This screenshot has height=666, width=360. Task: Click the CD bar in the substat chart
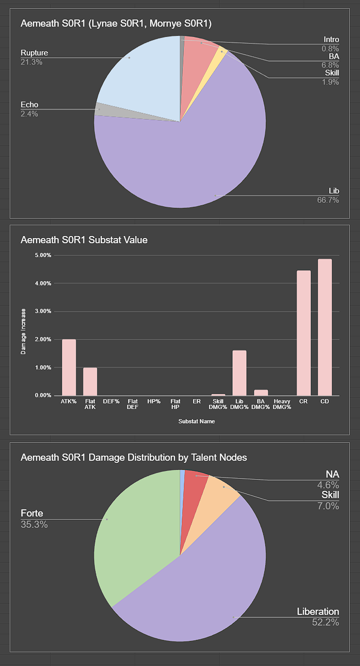325,328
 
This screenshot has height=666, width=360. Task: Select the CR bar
304,333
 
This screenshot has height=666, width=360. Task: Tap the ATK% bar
69,367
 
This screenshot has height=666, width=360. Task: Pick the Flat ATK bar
90,381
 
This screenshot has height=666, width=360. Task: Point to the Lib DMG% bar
239,373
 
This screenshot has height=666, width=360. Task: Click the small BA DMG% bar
261,393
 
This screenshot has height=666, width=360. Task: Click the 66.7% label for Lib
328,200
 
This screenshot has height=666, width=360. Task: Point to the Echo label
29,105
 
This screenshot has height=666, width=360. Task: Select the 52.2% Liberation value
325,622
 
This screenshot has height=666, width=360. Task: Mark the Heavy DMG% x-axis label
282,404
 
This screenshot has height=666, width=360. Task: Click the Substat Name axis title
197,422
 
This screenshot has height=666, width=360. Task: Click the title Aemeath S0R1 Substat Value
84,240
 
